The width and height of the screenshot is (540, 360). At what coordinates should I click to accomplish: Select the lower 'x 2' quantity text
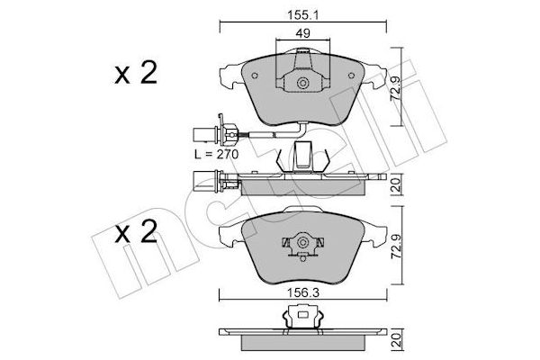(x=134, y=236)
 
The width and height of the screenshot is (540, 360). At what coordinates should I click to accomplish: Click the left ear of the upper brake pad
(x=231, y=75)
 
